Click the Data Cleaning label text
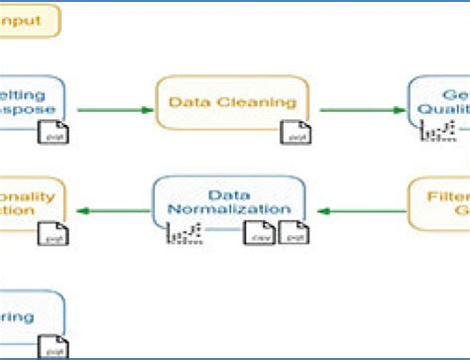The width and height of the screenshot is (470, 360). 232,101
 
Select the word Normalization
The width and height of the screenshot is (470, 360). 229,209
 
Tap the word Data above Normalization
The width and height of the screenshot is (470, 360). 228,194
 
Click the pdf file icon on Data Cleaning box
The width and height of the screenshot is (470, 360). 294,131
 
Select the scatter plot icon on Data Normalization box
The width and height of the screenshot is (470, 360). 183,234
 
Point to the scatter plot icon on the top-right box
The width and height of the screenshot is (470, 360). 436,129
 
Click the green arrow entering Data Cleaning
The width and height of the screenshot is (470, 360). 109,109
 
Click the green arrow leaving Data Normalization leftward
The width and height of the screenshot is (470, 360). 109,209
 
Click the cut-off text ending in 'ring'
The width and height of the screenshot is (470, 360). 18,317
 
